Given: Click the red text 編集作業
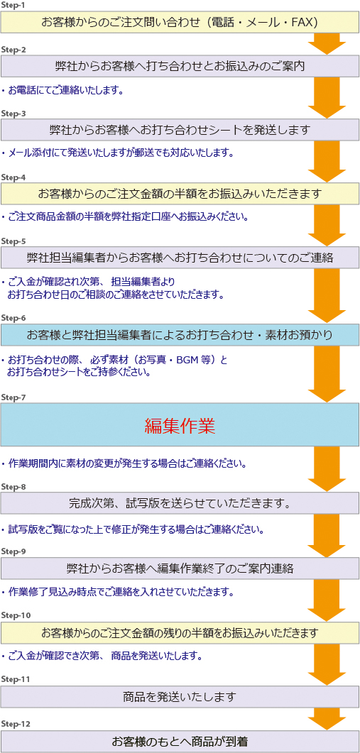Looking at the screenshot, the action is tap(180, 424).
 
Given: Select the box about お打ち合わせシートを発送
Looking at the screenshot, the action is tap(180, 130).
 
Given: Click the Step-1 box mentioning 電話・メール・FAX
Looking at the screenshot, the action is tap(180, 22).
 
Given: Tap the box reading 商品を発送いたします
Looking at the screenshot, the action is tap(180, 696).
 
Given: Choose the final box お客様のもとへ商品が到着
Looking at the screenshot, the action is tap(180, 741).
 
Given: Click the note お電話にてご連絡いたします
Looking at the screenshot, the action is tap(63, 90).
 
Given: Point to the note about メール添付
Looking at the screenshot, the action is tap(117, 154).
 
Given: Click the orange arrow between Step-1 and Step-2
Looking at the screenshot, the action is tap(327, 44).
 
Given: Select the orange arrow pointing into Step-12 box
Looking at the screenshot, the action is tap(327, 718).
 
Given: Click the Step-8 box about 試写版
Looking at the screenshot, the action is tap(180, 502).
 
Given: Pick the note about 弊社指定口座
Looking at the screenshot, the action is tap(125, 217).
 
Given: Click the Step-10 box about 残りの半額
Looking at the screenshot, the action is tap(180, 632).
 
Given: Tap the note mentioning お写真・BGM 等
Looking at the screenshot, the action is tap(114, 365).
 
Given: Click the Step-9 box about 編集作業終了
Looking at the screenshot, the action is tap(180, 568).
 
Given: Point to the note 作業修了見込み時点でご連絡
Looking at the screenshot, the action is tap(118, 592).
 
